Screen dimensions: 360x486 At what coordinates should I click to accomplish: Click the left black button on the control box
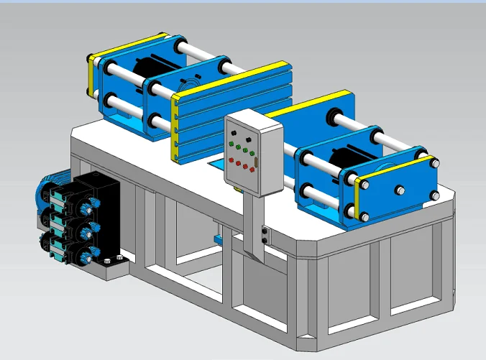(234, 133)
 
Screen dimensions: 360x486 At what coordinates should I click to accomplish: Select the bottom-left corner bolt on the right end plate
(364, 216)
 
